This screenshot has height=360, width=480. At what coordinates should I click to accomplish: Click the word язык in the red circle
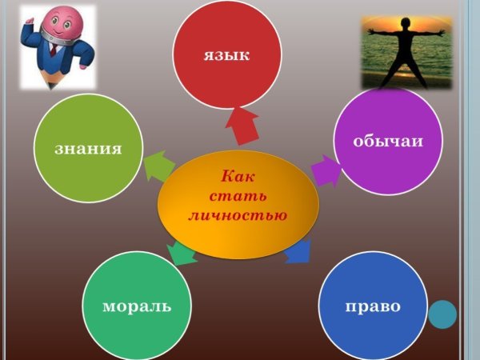coord(227,55)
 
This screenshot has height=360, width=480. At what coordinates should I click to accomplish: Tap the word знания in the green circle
coord(88,149)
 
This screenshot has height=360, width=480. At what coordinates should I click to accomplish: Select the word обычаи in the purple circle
coord(388,141)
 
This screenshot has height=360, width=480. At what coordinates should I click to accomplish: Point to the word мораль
coord(136,306)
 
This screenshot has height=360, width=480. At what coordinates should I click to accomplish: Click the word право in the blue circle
coord(372,306)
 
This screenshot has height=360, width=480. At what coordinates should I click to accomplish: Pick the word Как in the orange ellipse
coord(238,177)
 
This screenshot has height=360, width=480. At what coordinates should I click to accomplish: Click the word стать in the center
coord(238,196)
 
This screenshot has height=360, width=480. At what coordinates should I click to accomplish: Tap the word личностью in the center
coord(238,215)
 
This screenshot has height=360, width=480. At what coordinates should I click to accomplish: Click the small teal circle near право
coord(442,314)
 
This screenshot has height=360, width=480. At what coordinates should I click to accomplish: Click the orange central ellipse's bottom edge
coord(238,258)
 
